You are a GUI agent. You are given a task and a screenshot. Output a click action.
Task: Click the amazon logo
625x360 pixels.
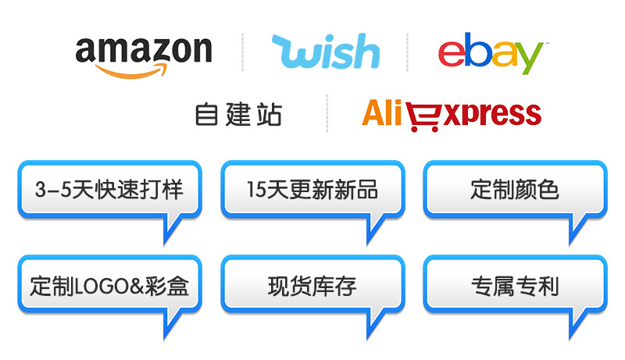coord(144,53)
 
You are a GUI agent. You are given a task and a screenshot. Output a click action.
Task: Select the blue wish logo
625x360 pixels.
coord(325,52)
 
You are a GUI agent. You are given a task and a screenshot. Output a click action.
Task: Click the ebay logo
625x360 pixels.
coord(489,53)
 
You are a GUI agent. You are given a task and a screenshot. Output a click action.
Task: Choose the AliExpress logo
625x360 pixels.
coord(451,114)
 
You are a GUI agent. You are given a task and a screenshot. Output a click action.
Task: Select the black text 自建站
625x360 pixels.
coord(238,115)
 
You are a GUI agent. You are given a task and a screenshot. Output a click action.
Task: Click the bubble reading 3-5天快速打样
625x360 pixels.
coord(109,189)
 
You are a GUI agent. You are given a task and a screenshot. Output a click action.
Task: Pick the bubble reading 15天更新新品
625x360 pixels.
coord(312,189)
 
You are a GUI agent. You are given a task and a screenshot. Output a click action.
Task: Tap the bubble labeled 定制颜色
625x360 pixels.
coord(514,189)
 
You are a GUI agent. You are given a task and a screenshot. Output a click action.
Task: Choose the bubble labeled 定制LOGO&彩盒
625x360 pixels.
coord(109,285)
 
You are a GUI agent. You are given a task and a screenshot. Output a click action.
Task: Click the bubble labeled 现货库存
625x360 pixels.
coord(312,285)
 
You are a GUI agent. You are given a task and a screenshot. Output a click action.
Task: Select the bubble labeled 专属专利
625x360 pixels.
coord(514,285)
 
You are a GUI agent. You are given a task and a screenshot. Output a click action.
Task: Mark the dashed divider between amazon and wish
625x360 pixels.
coord(242,52)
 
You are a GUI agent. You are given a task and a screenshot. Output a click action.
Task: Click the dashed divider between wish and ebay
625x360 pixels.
coord(407,52)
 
